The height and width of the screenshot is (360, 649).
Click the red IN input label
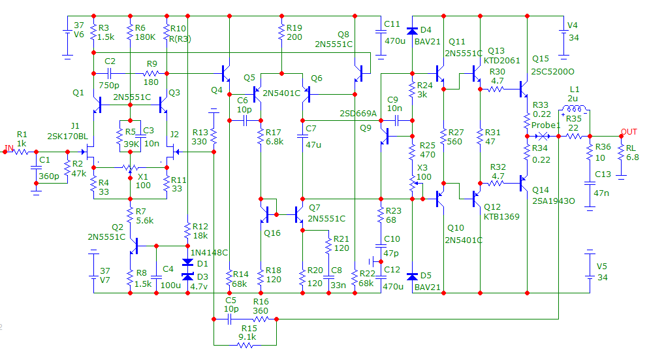click(x=8, y=148)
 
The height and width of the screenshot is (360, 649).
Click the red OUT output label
click(x=629, y=131)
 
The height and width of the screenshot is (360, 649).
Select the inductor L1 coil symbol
click(x=575, y=108)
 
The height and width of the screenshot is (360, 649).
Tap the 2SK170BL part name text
click(x=68, y=136)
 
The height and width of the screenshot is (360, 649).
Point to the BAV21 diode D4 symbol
click(x=412, y=30)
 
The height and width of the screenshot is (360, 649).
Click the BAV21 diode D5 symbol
click(x=412, y=276)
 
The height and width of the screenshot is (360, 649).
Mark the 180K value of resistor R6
click(x=145, y=37)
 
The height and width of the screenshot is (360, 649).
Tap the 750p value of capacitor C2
click(x=109, y=85)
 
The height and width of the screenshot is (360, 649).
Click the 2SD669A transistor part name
click(x=358, y=114)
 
